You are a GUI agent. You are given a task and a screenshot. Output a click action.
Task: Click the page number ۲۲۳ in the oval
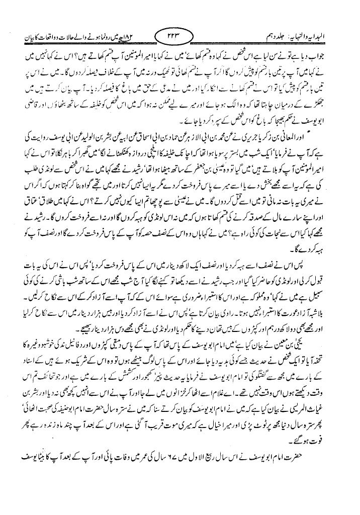pos(179,37)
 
